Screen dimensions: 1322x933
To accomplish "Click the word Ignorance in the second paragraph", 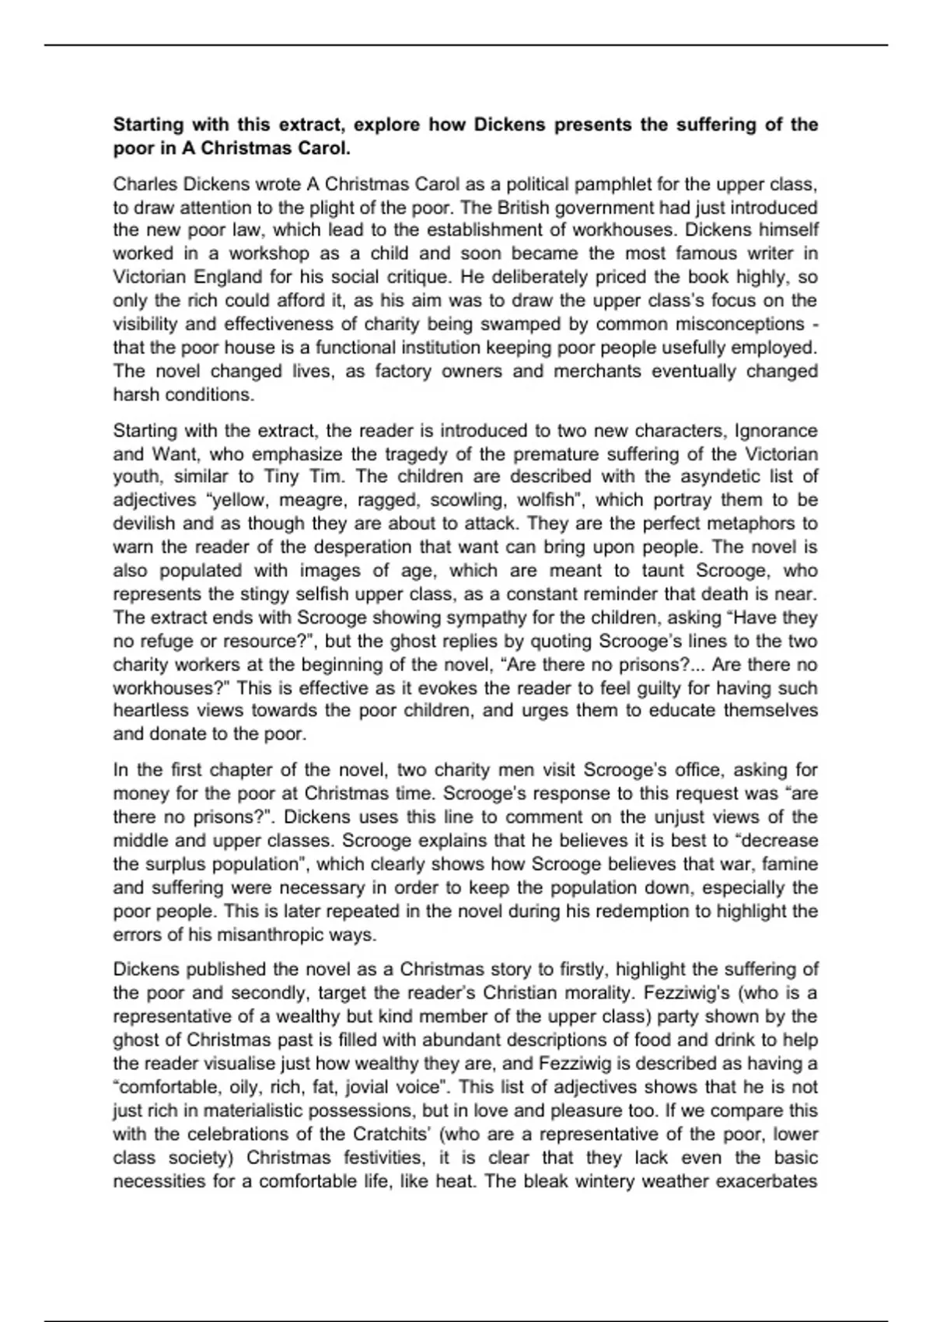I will click(x=776, y=431).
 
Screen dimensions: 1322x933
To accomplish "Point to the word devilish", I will click(x=145, y=523).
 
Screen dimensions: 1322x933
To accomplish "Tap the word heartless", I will click(x=148, y=711).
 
